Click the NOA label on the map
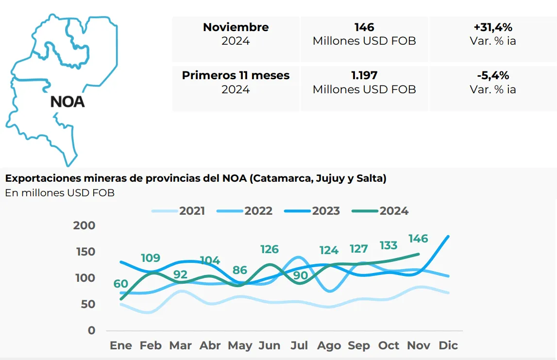68,102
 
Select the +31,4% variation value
493,27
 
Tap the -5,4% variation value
493,75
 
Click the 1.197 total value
364,75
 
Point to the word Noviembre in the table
236,27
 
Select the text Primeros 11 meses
236,75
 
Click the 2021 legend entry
192,211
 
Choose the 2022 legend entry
258,211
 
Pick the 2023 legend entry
325,211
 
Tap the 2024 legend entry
394,211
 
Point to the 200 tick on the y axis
84,225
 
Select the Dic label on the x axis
448,345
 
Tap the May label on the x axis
240,345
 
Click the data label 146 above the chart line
418,239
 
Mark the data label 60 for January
121,284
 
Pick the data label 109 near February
151,258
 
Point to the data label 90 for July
300,275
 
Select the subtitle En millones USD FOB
60,193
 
